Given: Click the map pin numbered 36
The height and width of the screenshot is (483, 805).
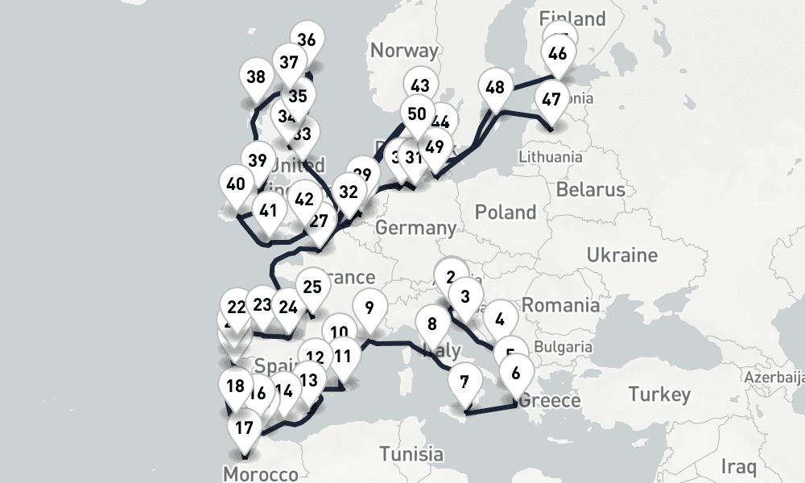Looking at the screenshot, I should [307, 40].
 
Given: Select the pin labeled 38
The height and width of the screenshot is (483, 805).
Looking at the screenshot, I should [257, 77].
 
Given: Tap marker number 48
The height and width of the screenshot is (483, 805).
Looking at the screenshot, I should [495, 88].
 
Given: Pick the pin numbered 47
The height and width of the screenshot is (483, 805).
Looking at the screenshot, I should [551, 101].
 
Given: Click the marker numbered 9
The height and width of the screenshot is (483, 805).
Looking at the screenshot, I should [369, 308].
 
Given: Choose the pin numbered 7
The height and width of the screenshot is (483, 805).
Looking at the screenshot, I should [464, 381].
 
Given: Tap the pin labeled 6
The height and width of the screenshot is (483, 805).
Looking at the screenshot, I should [516, 373].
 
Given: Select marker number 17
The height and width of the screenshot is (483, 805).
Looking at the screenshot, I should [245, 427].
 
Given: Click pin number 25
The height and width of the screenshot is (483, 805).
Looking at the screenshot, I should [312, 287].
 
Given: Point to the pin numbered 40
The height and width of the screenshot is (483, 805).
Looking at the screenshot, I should [236, 184].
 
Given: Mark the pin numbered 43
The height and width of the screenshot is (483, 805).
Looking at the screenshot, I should [419, 86].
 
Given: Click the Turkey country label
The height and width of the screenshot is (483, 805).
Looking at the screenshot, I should [659, 394].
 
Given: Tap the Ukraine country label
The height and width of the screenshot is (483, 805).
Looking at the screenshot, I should [621, 255].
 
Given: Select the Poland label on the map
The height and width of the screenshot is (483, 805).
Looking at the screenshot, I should [506, 213].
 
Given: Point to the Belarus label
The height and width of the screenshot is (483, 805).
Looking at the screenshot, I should [590, 190].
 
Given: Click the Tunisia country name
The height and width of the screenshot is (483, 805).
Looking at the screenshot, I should [411, 454].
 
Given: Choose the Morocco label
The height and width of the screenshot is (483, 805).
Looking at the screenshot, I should [261, 474].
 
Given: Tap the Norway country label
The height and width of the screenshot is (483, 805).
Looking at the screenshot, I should [404, 51].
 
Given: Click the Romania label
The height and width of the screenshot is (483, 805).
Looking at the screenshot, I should [560, 305].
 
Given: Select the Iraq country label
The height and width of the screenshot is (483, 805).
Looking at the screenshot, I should [738, 465].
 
